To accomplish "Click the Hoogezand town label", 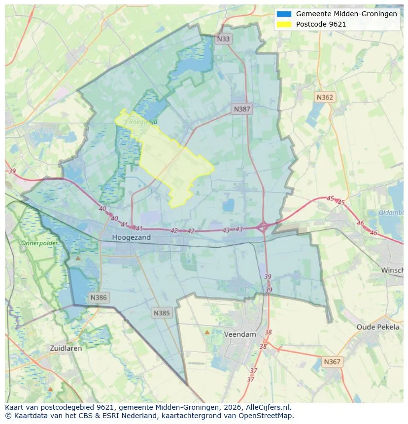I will tap(131, 237).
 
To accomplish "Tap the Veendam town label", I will tap(240, 334).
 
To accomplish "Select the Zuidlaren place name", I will tap(66, 348).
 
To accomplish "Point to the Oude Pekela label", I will tap(378, 327).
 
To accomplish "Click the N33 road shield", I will tap(223, 39).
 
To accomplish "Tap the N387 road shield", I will tap(242, 109).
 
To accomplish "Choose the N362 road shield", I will tap(324, 97).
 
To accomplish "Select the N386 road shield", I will tap(98, 297).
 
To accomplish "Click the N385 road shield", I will tap(162, 313).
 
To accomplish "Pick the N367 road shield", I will tap(332, 361).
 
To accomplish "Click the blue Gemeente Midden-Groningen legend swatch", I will tap(284, 14).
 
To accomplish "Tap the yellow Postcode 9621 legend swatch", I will tap(284, 24).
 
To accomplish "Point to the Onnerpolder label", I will tap(39, 243).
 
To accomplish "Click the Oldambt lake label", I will tap(391, 213).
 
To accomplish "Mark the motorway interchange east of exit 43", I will tap(263, 227).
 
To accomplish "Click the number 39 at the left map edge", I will tap(12, 171).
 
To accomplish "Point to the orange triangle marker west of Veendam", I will tap(207, 332).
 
